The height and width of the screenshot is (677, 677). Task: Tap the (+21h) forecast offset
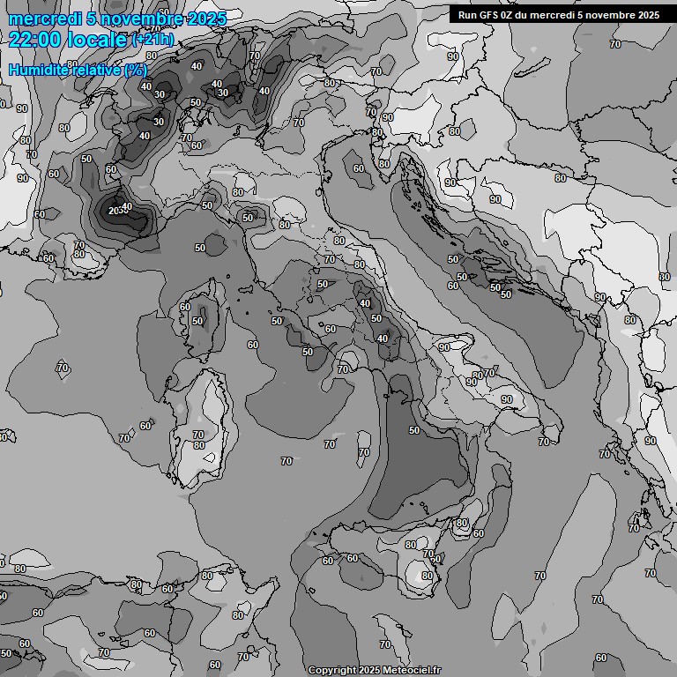tap(153, 39)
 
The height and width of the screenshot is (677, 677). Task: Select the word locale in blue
tap(93, 39)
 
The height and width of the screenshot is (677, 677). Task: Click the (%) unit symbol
tap(135, 70)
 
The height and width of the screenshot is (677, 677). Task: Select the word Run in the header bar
tap(468, 14)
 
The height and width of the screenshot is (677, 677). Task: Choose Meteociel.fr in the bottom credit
tap(411, 671)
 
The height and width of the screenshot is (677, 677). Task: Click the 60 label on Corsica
tap(185, 307)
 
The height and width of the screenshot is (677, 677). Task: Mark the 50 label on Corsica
tap(197, 322)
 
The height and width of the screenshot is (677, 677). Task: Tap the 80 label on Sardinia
tap(199, 446)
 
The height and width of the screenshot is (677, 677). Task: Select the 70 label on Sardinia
tap(198, 435)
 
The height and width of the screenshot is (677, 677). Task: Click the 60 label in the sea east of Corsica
tap(253, 346)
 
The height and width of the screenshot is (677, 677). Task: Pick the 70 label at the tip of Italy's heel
tap(544, 442)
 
